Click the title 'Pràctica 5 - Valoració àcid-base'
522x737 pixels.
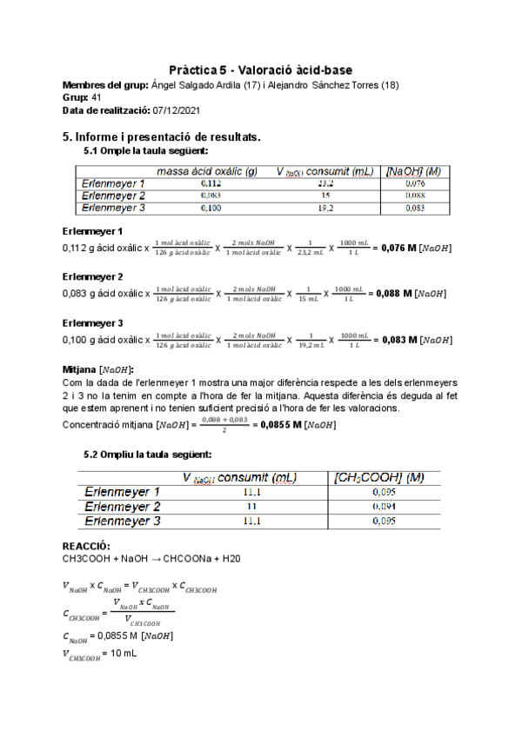(260, 70)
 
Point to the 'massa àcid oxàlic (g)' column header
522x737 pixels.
(206, 172)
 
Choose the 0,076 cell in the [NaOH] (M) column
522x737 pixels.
(414, 184)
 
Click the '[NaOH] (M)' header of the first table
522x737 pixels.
(413, 172)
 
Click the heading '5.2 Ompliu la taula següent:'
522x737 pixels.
(148, 455)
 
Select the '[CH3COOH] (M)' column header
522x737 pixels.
(379, 478)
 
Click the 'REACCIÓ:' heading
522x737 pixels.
(86, 545)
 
